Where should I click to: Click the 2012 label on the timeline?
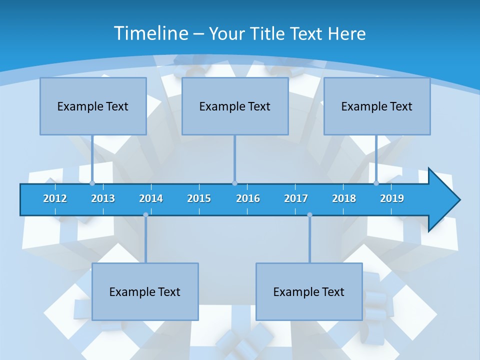click(x=55, y=198)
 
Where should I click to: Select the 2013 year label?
click(x=103, y=198)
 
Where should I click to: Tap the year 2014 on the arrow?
click(x=151, y=198)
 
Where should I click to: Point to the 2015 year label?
click(x=199, y=198)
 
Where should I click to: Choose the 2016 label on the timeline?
click(x=248, y=198)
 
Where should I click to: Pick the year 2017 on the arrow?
click(x=296, y=198)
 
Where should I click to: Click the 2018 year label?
click(x=344, y=198)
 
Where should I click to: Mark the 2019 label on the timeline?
click(x=392, y=198)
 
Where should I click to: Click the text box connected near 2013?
click(x=93, y=106)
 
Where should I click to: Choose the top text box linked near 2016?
click(x=235, y=106)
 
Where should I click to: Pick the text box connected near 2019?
click(x=377, y=106)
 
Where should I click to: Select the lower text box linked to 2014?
click(x=145, y=291)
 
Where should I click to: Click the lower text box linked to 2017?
click(x=309, y=291)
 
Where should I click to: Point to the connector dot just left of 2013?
click(x=92, y=183)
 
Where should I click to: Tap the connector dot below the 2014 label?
click(x=145, y=215)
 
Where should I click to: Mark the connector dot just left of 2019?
click(x=376, y=183)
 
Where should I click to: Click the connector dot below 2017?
click(x=309, y=215)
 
